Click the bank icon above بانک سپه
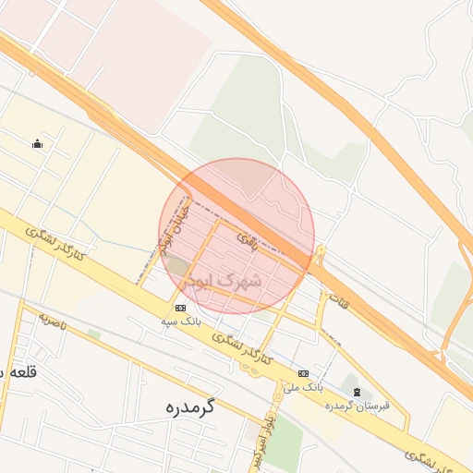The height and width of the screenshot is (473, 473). click(179, 308)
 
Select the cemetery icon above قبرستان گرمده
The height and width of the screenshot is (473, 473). click(358, 393)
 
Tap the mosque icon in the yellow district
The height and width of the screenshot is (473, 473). click(37, 143)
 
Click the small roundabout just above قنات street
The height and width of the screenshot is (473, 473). click(321, 249)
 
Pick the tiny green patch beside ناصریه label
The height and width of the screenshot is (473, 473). click(93, 334)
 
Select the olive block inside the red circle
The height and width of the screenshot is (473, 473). click(177, 267)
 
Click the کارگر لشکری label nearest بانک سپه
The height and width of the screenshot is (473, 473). click(240, 348)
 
